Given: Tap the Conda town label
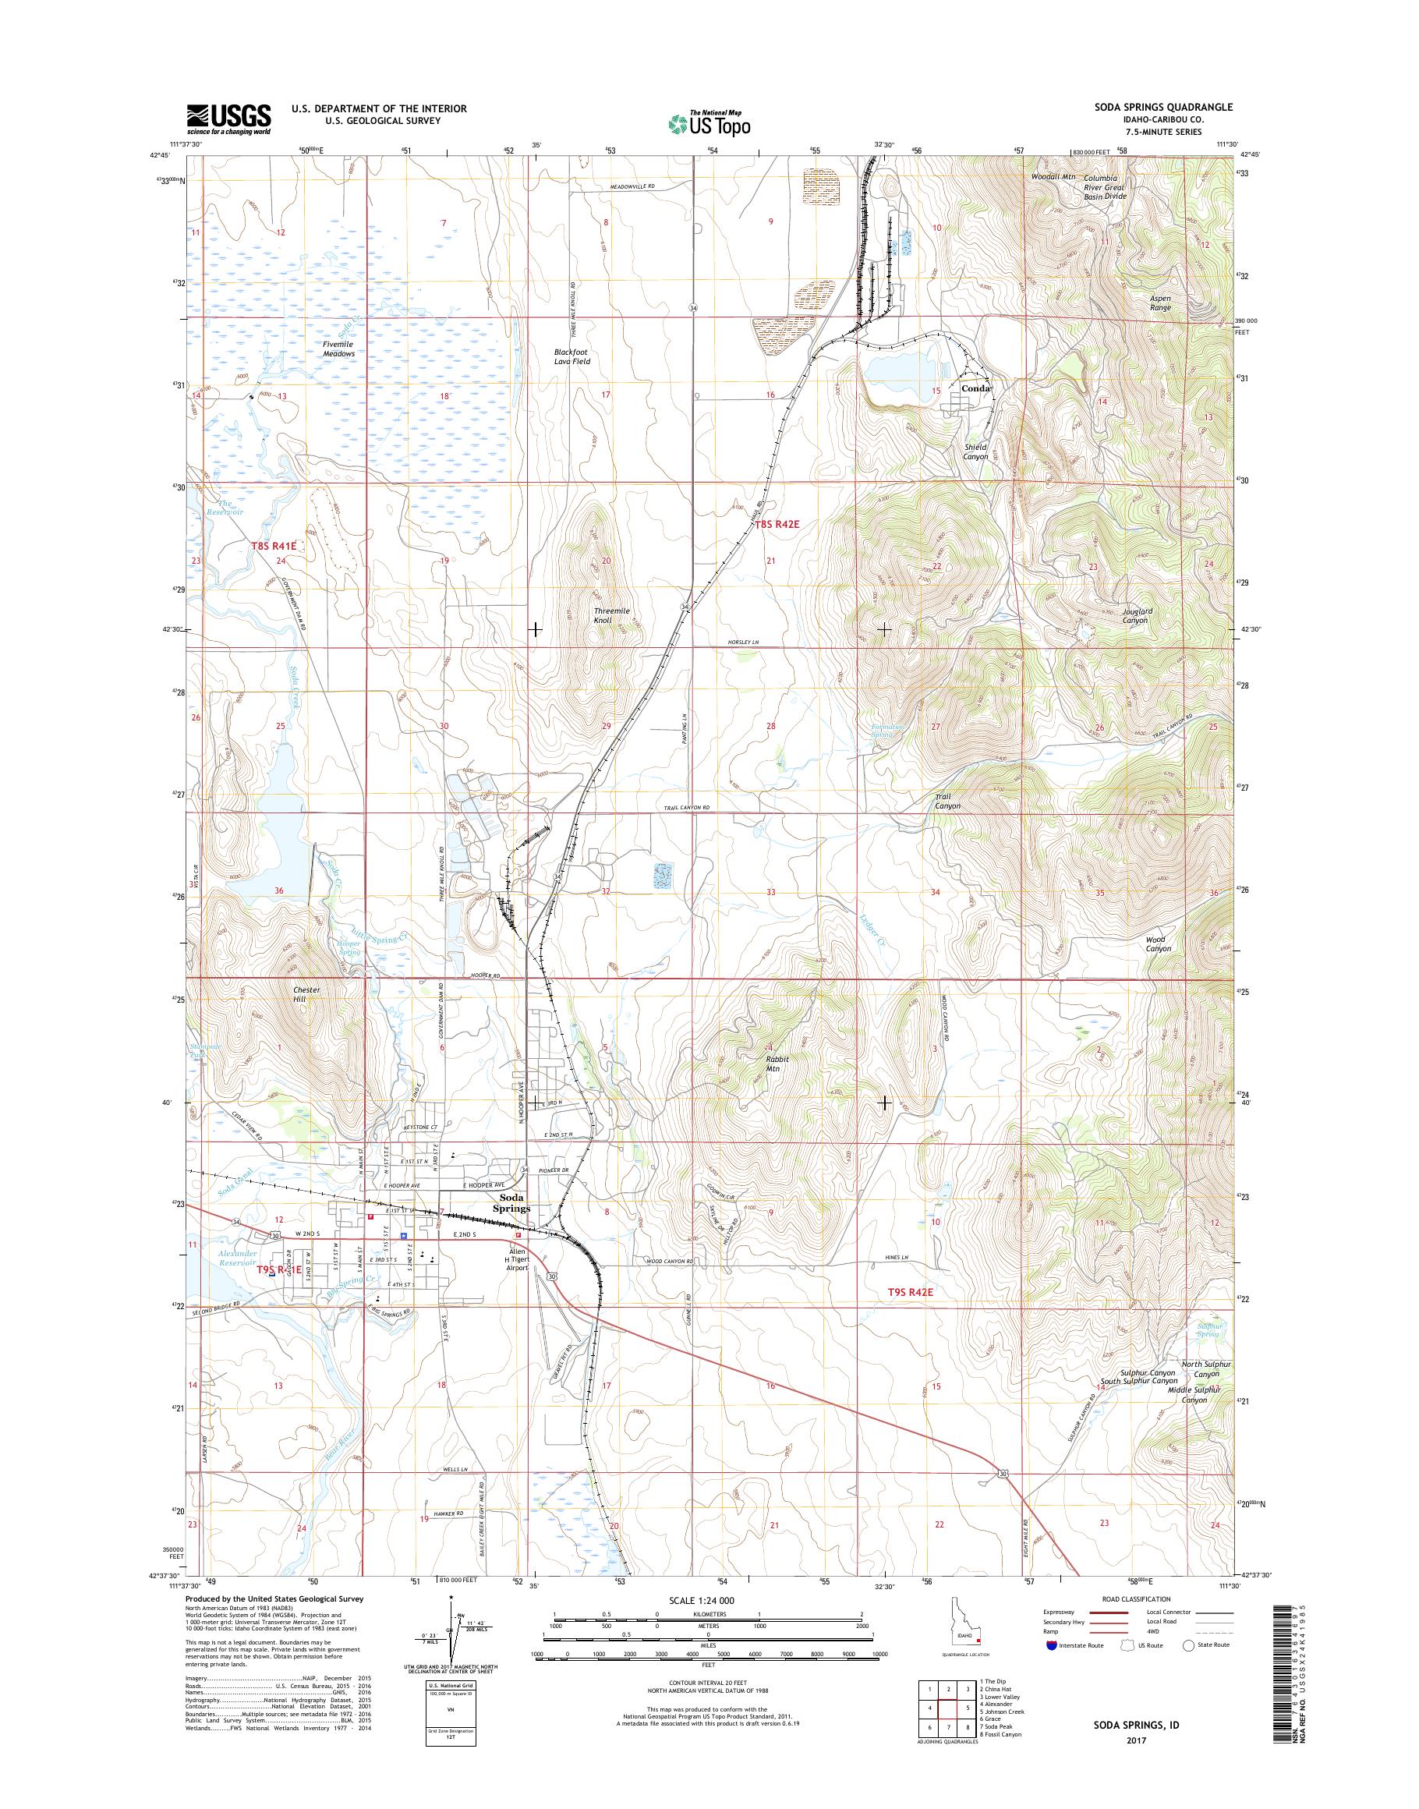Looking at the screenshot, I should [975, 388].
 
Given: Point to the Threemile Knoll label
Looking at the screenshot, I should [612, 615].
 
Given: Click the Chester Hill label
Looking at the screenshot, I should [306, 995].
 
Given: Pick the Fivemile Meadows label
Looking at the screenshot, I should [339, 349].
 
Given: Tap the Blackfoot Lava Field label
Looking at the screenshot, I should [571, 356].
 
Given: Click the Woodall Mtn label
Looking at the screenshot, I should [1053, 177].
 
